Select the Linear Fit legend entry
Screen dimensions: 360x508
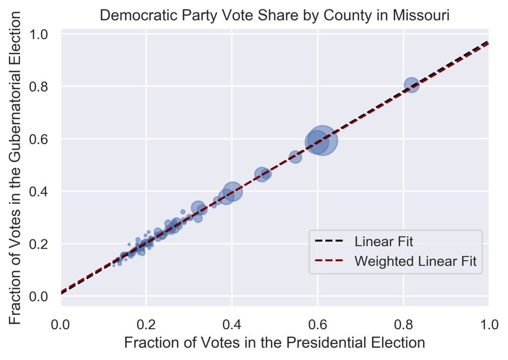click(x=383, y=242)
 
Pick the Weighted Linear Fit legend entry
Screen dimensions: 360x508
click(x=416, y=261)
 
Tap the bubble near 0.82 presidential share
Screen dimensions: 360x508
click(x=411, y=85)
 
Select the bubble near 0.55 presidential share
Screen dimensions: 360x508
click(x=295, y=157)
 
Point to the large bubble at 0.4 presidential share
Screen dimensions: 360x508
click(x=232, y=191)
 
